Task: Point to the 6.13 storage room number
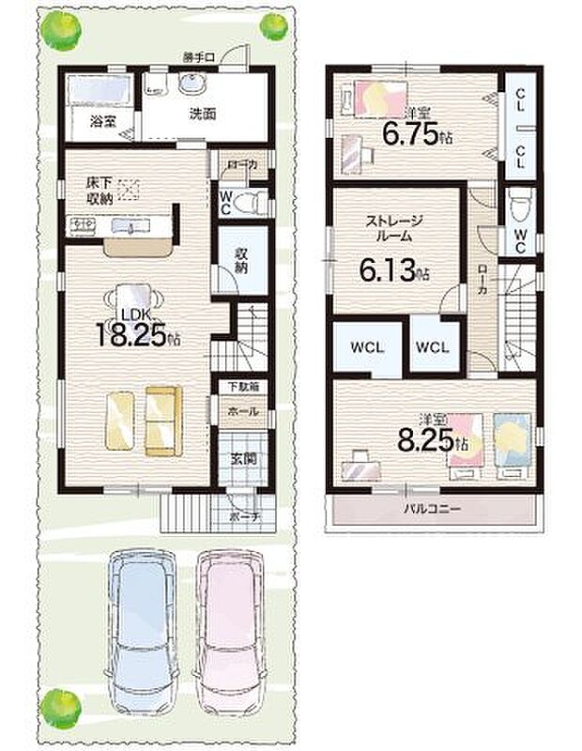(x=389, y=272)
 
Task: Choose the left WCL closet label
(x=365, y=346)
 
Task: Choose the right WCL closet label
(x=434, y=346)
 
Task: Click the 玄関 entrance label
(x=240, y=459)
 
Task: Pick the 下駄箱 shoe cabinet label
(x=239, y=388)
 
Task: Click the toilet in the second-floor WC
(x=519, y=202)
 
